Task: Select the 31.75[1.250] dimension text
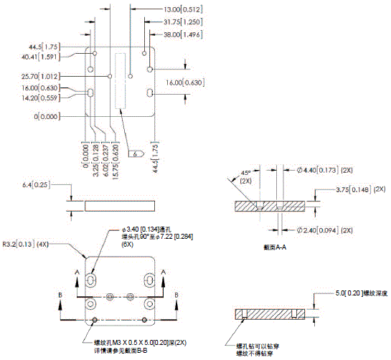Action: [182, 22]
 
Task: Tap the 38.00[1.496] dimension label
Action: [182, 34]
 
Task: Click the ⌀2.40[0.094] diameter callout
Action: [320, 230]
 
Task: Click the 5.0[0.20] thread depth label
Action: [359, 293]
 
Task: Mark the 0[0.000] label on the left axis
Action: [46, 116]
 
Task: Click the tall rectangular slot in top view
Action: [120, 81]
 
